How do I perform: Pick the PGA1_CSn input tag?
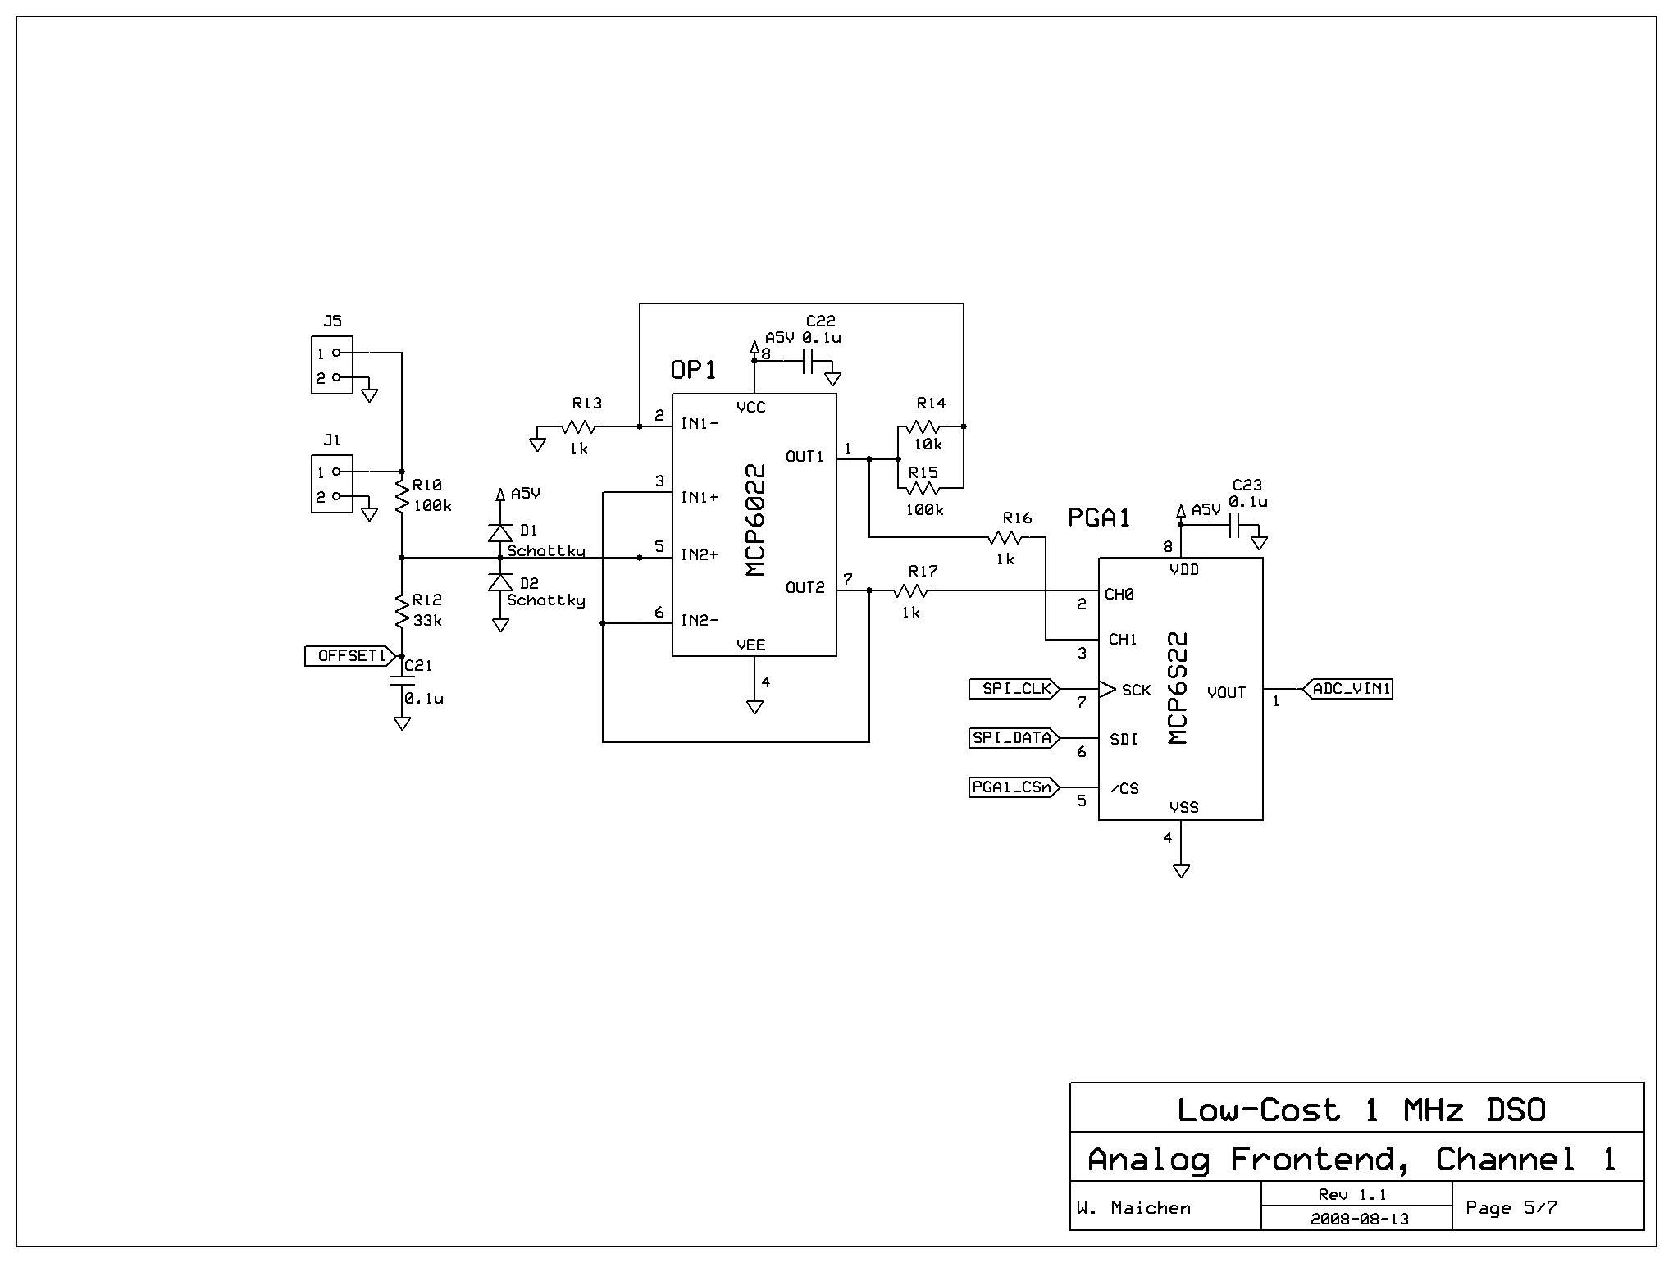(1012, 787)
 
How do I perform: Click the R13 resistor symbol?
(579, 426)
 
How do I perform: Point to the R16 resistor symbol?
(1005, 537)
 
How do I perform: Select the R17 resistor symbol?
(910, 590)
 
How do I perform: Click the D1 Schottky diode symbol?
(500, 532)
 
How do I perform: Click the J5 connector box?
(332, 365)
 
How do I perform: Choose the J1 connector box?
(332, 484)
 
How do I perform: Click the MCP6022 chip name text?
(756, 521)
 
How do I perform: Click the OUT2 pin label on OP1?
(805, 588)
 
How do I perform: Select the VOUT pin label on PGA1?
(1226, 693)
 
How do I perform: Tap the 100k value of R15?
(924, 510)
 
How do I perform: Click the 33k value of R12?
(427, 621)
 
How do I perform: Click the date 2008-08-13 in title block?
(1359, 1219)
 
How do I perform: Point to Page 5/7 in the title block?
(1511, 1207)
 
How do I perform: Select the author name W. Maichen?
(1133, 1208)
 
